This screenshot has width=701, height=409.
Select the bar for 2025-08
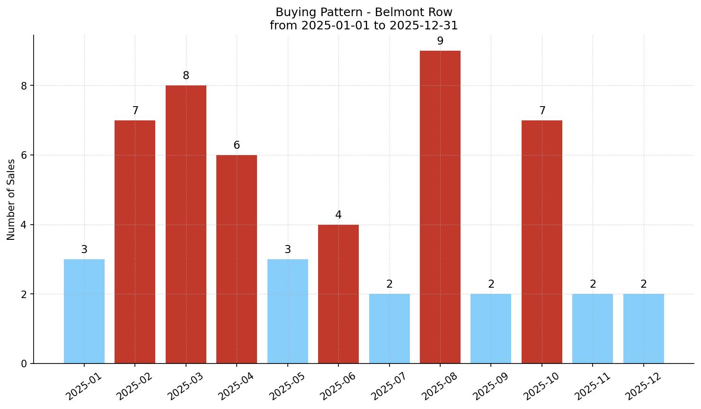(x=440, y=207)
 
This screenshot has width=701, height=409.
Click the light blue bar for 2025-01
(x=84, y=311)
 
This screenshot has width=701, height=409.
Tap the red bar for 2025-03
(x=186, y=224)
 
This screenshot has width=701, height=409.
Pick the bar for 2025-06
(x=338, y=294)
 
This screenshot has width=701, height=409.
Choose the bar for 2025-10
(x=542, y=242)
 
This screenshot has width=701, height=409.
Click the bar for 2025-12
(x=643, y=328)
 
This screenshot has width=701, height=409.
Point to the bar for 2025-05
(x=288, y=311)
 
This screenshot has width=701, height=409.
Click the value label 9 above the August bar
(x=440, y=41)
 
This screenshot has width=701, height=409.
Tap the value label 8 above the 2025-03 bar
(x=186, y=76)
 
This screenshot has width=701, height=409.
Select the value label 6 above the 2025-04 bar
(x=237, y=145)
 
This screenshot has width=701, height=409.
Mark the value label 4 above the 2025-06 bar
(x=338, y=215)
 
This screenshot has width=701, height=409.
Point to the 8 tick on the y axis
(x=24, y=86)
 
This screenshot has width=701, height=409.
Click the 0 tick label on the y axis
(x=24, y=364)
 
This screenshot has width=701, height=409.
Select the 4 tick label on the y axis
(x=24, y=225)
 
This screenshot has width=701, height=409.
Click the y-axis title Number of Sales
(x=11, y=200)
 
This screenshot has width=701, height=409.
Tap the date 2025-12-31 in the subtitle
(x=424, y=25)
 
